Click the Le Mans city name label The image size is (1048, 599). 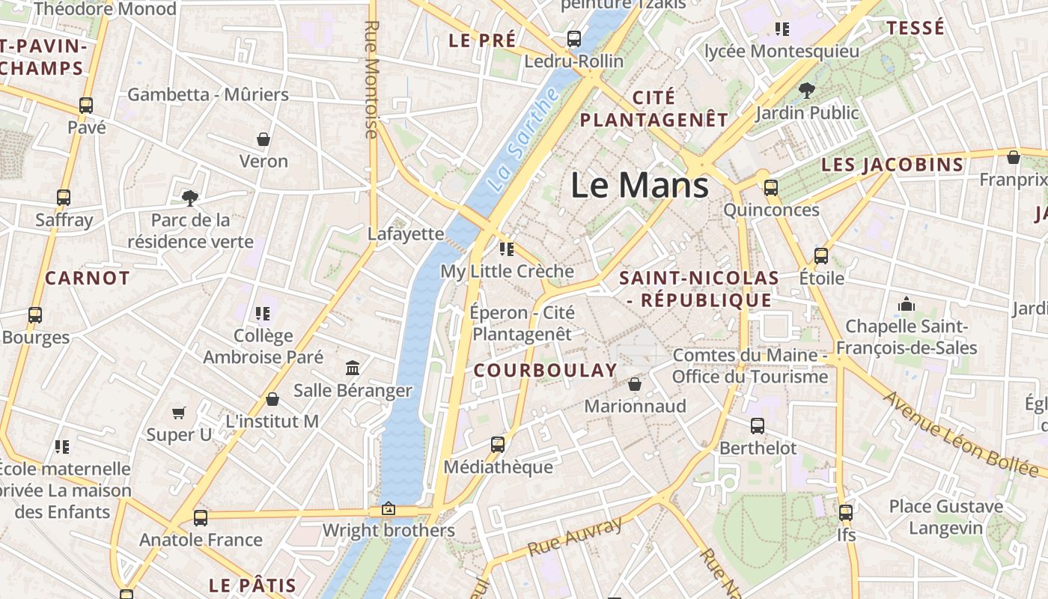point(639,185)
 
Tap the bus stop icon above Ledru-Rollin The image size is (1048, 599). point(574,38)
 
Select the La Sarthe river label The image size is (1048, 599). point(523,139)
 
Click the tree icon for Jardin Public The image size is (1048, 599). point(806,91)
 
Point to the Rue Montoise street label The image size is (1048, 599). point(371,79)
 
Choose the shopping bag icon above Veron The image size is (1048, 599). point(263,139)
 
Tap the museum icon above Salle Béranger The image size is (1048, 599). point(353,368)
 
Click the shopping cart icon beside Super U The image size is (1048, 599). point(179,413)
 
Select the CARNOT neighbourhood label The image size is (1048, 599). point(88,279)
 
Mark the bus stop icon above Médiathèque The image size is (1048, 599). point(498,445)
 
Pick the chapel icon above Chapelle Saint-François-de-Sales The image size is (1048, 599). point(907,304)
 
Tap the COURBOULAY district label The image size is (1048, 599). point(546,370)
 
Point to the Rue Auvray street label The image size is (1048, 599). point(575,537)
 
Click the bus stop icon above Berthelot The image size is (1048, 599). point(758,426)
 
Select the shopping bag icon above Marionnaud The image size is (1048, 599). point(635,384)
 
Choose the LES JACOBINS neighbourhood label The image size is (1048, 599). point(892,165)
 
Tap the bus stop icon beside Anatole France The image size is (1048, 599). point(200,517)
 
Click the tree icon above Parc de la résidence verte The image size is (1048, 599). point(190,198)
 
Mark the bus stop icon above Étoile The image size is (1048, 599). point(821,256)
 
